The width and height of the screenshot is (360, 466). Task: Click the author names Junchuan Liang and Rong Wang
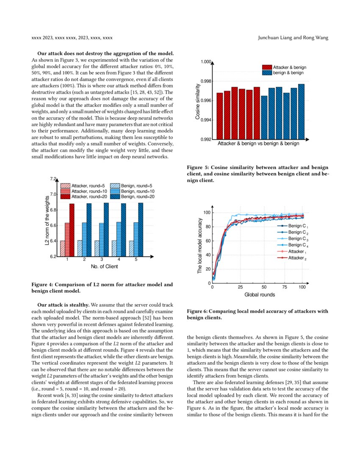(x=293, y=38)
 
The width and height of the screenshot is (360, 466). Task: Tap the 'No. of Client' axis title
(x=104, y=266)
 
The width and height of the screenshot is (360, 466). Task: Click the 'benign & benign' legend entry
(x=288, y=73)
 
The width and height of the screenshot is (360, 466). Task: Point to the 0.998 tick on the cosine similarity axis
(x=205, y=81)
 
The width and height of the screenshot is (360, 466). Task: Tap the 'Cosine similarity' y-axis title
(x=198, y=100)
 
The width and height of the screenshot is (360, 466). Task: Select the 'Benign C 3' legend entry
(x=298, y=239)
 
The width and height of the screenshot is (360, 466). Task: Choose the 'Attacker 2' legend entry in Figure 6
(x=297, y=258)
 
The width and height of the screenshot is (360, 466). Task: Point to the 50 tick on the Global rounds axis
(x=264, y=287)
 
